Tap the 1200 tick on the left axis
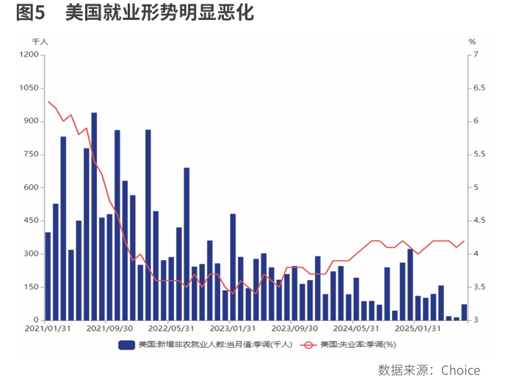pyautogui.click(x=29, y=55)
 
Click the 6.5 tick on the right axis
pyautogui.click(x=480, y=88)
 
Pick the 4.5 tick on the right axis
pyautogui.click(x=480, y=220)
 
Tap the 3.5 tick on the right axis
pyautogui.click(x=480, y=287)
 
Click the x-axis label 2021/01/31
pyautogui.click(x=48, y=329)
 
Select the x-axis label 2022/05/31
pyautogui.click(x=170, y=329)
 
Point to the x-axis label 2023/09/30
pyautogui.click(x=294, y=329)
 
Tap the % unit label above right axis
pyautogui.click(x=472, y=42)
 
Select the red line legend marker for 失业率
pyautogui.click(x=308, y=345)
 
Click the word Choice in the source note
pyautogui.click(x=461, y=370)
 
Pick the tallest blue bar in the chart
pyautogui.click(x=94, y=217)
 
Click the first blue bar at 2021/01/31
pyautogui.click(x=48, y=276)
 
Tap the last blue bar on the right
pyautogui.click(x=464, y=312)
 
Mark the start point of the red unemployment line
pyautogui.click(x=48, y=101)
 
